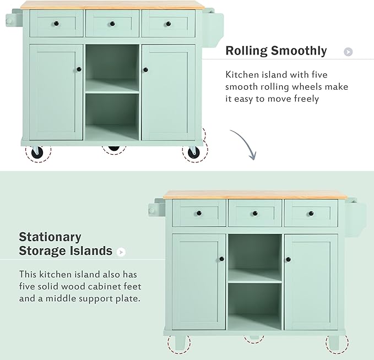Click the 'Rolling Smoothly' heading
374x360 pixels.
coord(276,51)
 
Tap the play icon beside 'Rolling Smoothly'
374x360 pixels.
coord(348,52)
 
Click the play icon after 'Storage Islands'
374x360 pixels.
coord(121,252)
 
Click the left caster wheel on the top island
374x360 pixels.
coord(37,152)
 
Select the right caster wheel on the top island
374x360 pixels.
coord(193,152)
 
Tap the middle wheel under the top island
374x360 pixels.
coord(113,148)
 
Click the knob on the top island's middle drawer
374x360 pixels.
coord(112,24)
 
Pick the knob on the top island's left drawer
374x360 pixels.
coord(56,24)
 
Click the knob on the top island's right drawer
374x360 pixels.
coord(169,24)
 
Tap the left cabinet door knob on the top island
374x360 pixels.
coord(79,69)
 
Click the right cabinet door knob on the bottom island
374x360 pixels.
coord(288,259)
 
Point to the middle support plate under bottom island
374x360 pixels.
coord(254,337)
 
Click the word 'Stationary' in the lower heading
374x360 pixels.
coord(50,237)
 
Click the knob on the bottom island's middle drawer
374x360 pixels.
coord(255,214)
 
